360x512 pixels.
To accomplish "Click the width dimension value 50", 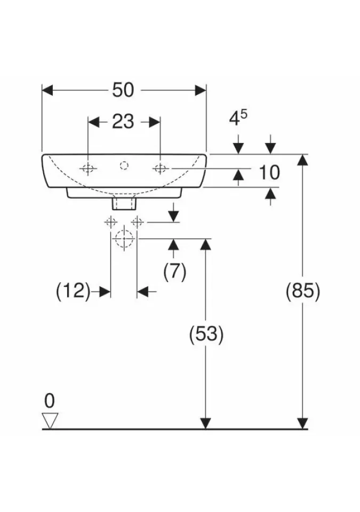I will pyautogui.click(x=123, y=90).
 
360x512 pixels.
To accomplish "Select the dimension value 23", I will pyautogui.click(x=123, y=122).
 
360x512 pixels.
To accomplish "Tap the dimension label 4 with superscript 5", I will pyautogui.click(x=238, y=118).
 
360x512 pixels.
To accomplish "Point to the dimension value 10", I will pyautogui.click(x=269, y=172).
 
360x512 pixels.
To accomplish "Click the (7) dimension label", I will pyautogui.click(x=175, y=273).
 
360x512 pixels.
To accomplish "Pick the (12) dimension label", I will pyautogui.click(x=72, y=291).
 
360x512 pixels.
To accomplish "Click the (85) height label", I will pyautogui.click(x=303, y=291).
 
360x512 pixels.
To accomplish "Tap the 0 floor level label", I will pyautogui.click(x=50, y=400).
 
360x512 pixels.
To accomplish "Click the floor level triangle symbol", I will pyautogui.click(x=50, y=420).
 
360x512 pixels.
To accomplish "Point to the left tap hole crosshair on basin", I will pyautogui.click(x=88, y=169).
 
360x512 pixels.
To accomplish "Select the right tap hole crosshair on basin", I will pyautogui.click(x=160, y=169).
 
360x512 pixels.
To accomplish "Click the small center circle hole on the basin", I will pyautogui.click(x=124, y=165).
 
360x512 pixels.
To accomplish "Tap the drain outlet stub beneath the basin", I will pyautogui.click(x=124, y=203).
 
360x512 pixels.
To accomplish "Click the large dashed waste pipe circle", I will pyautogui.click(x=124, y=238).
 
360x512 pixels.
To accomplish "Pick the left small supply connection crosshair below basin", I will pyautogui.click(x=111, y=222).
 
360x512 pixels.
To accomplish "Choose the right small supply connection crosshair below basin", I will pyautogui.click(x=137, y=222).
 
